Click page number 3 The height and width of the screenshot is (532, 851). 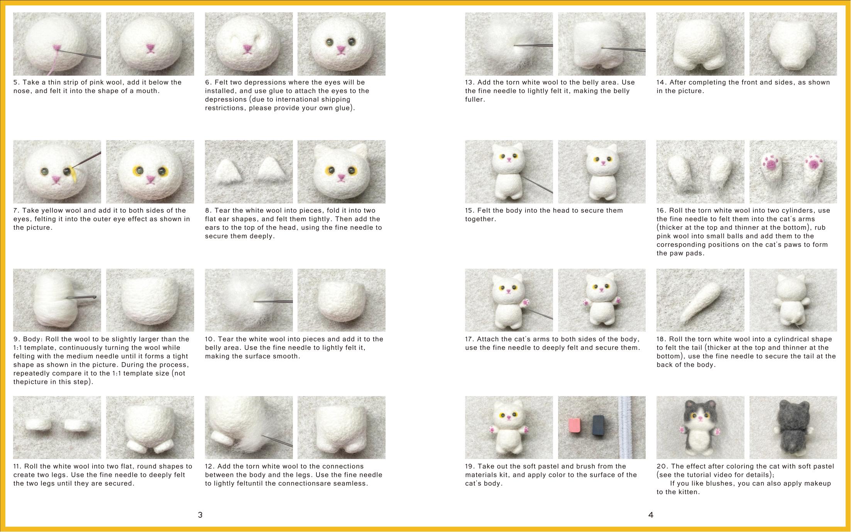coord(200,515)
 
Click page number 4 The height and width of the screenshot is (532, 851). coord(651,515)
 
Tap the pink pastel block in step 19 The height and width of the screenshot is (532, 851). coord(575,427)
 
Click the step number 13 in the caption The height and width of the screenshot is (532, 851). coord(470,82)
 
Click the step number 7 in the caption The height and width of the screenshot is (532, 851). coord(16,210)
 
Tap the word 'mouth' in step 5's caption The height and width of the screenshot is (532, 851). coord(148,91)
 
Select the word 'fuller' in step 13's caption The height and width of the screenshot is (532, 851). coord(474,99)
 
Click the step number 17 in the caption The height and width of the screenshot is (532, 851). coord(470,339)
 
